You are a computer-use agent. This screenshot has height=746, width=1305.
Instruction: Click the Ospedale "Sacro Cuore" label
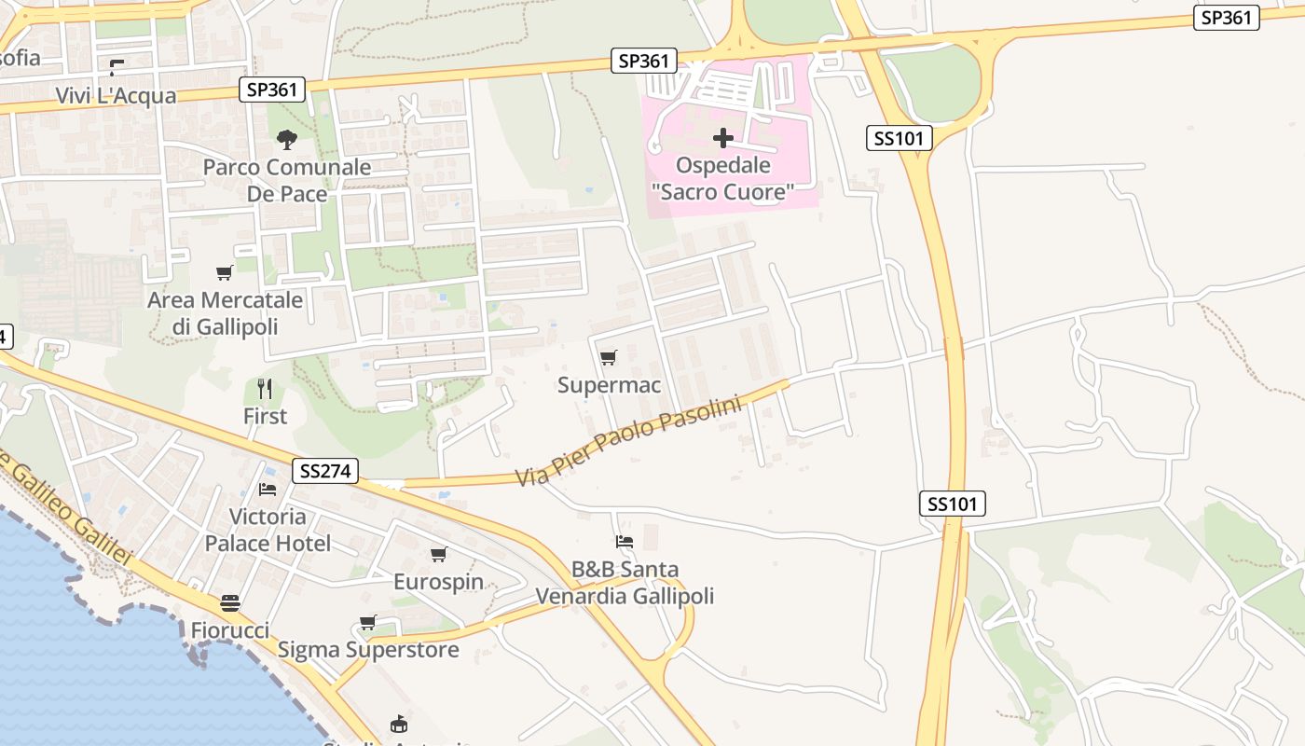tap(723, 179)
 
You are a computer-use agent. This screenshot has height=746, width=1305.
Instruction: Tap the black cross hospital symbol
tap(722, 139)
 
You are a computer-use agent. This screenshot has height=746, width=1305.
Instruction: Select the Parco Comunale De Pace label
tap(287, 181)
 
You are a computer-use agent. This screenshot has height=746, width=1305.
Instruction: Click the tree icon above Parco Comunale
tap(287, 140)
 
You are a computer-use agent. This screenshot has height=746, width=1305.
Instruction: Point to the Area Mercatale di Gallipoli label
tap(226, 313)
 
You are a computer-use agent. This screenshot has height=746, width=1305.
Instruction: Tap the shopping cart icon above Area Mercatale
tap(225, 273)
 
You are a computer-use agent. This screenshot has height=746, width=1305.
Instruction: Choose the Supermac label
tap(609, 385)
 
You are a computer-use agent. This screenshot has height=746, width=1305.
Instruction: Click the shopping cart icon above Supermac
tap(609, 357)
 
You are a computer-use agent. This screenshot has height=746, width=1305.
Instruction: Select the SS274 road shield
tap(325, 471)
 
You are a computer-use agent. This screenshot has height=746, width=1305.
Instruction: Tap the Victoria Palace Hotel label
tap(268, 530)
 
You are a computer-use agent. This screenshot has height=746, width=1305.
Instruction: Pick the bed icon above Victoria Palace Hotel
tap(268, 490)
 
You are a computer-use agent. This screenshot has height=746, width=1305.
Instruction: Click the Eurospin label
tap(438, 582)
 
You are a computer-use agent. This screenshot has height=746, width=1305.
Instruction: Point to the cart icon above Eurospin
tap(439, 555)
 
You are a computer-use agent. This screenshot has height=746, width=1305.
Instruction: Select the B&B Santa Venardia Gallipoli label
tap(625, 582)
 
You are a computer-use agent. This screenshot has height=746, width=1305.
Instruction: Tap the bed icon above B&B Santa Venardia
tap(625, 541)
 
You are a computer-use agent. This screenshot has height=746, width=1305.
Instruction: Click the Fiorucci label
tap(230, 630)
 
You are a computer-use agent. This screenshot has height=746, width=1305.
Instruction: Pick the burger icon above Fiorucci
tap(230, 603)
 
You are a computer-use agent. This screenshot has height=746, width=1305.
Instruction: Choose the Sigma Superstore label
tap(368, 650)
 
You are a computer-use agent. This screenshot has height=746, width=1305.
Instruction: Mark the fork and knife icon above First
tap(266, 388)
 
